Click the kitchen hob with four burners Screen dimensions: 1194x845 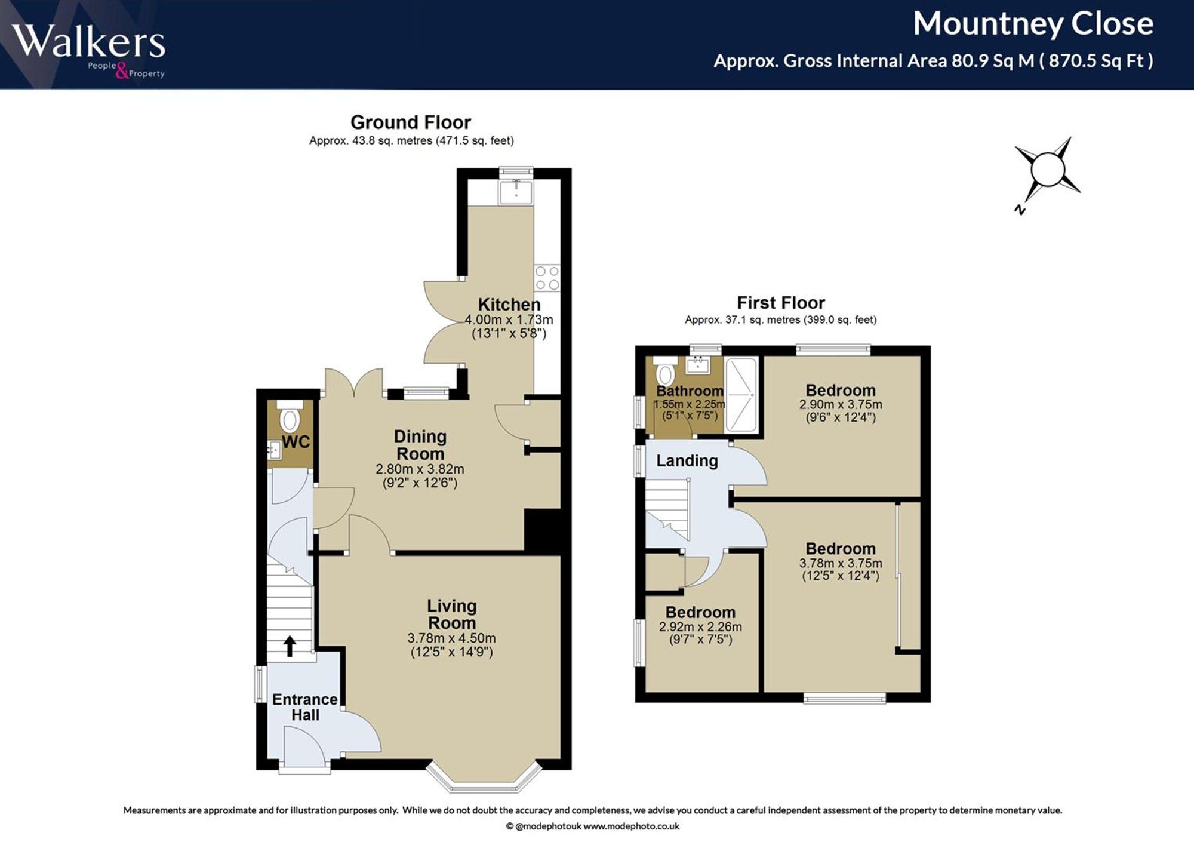pos(547,278)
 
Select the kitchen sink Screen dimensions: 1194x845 pos(516,192)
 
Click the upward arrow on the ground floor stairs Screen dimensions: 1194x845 pos(290,646)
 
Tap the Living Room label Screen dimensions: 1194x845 pos(452,614)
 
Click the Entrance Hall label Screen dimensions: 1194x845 pos(305,707)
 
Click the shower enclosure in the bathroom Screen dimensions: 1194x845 pos(741,394)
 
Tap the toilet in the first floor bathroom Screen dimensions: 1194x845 pos(665,371)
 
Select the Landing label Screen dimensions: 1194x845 pos(687,460)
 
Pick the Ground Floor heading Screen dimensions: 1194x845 pos(411,122)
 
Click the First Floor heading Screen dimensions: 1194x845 pos(781,303)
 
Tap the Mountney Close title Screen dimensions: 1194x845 pos(1033,24)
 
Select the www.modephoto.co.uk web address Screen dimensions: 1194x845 pos(631,826)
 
